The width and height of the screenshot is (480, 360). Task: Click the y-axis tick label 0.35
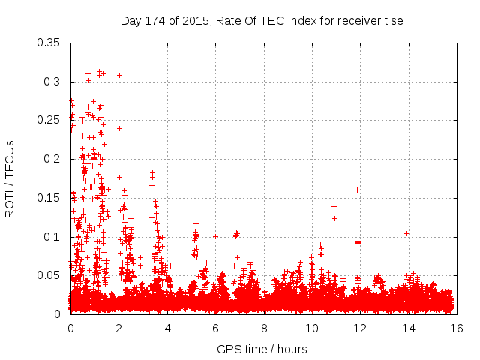click(x=50, y=43)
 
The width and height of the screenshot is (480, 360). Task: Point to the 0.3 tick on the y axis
click(x=53, y=82)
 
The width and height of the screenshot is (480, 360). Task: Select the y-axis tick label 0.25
click(x=50, y=120)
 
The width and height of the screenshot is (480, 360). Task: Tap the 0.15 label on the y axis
click(x=50, y=198)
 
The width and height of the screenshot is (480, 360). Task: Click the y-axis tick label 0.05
click(x=50, y=275)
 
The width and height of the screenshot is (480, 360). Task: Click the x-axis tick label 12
click(x=360, y=328)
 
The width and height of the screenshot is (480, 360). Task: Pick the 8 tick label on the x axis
click(x=264, y=328)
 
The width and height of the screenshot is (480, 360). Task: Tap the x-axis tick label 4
click(x=167, y=328)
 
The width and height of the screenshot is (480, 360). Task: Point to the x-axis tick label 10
click(x=312, y=328)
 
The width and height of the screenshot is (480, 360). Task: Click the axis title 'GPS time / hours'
click(x=262, y=349)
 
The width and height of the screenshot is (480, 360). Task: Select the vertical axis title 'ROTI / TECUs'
click(x=10, y=178)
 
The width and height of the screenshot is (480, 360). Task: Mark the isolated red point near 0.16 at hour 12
click(x=358, y=190)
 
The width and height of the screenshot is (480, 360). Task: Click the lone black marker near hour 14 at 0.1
click(x=406, y=233)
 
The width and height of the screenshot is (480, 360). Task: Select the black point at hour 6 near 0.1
click(x=215, y=236)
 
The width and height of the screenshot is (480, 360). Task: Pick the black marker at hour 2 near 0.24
click(x=119, y=128)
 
